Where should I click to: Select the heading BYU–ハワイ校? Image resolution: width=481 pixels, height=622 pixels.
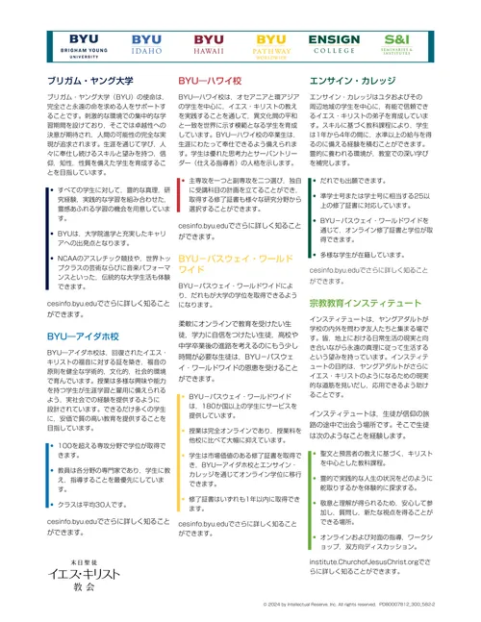(x=214, y=82)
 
